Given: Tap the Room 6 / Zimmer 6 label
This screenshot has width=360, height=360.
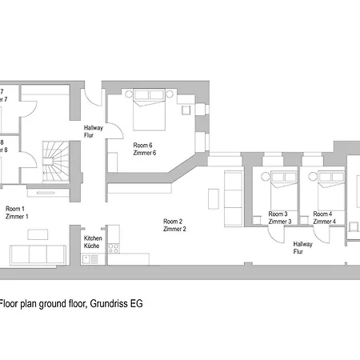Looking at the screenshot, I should point(144,148).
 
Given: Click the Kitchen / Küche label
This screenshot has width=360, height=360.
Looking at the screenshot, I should point(92,242).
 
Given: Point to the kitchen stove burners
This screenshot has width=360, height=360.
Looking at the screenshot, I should point(113,233).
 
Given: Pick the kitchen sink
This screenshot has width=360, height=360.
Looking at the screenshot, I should point(113,250).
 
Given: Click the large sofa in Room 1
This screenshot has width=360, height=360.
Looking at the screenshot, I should point(37,254).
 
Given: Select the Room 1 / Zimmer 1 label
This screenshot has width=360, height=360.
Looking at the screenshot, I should point(17,212).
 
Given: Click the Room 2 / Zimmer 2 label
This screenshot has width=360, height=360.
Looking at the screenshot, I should point(174,225).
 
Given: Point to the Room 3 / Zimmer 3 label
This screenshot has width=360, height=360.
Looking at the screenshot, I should point(279,218).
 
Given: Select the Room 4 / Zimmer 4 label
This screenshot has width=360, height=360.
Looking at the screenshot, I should point(324,218).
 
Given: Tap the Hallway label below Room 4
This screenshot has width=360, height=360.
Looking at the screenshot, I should point(303,247).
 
